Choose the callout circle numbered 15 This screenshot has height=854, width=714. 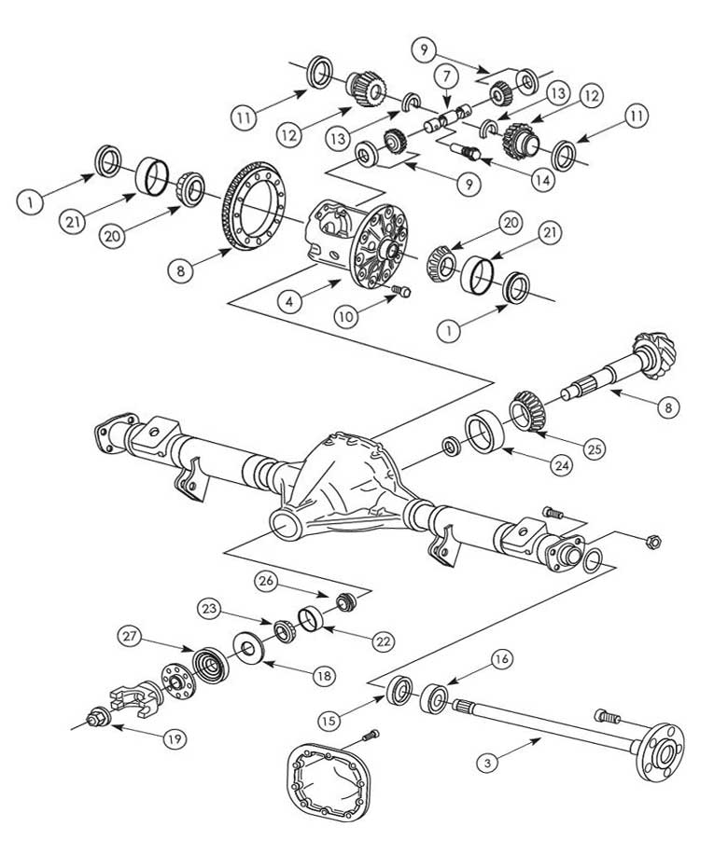click(352, 722)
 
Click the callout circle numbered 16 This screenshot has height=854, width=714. click(500, 660)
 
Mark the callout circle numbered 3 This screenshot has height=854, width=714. click(485, 764)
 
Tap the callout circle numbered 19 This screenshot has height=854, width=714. click(173, 739)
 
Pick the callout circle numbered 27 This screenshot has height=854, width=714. click(130, 638)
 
